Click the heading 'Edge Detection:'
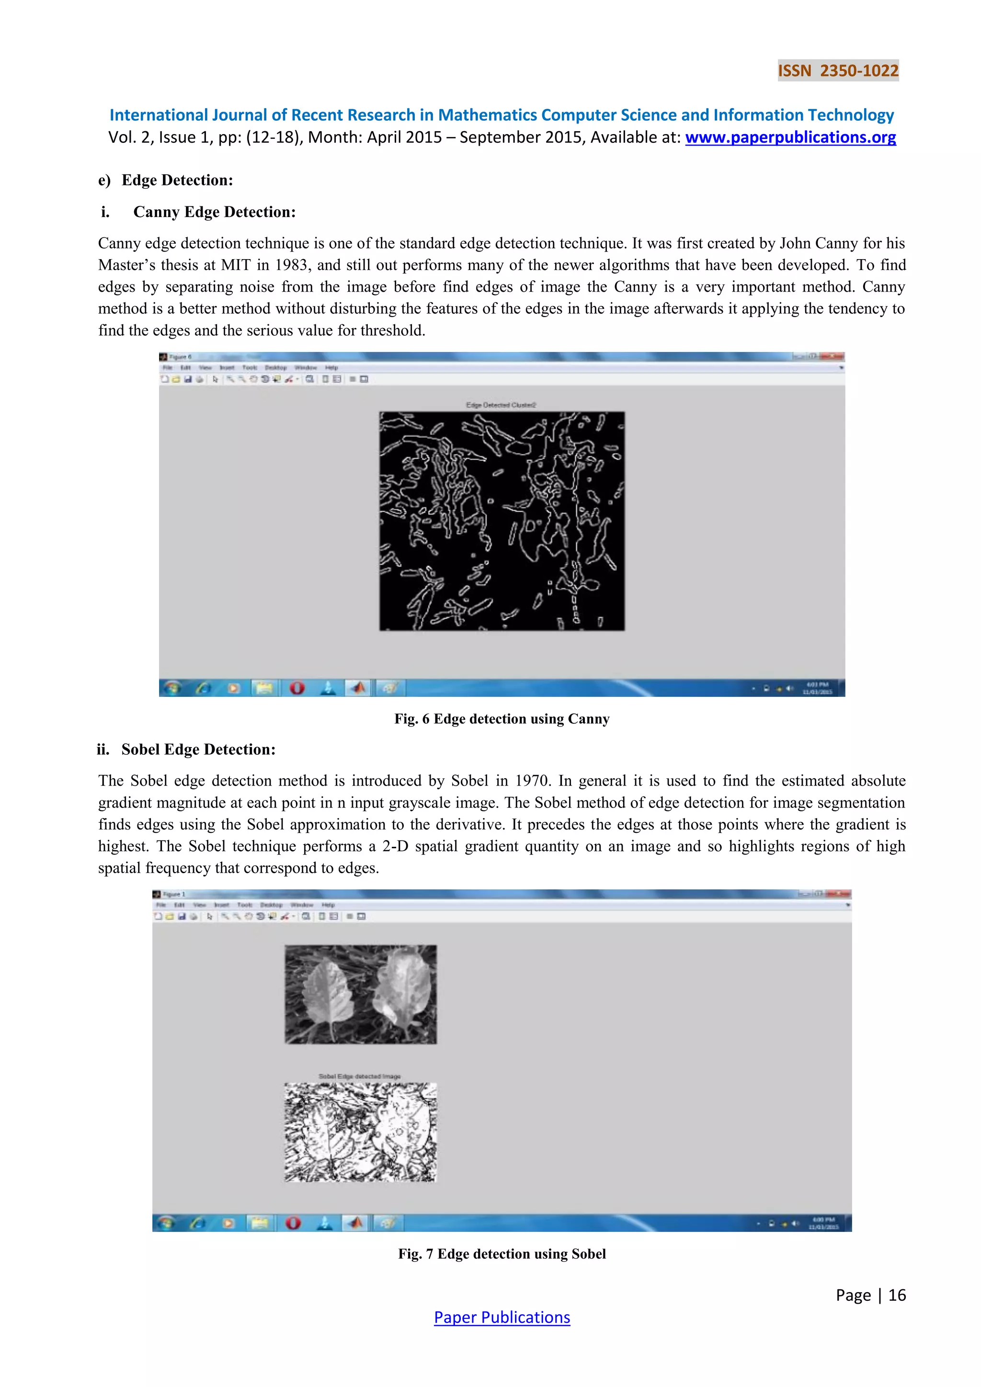point(177,180)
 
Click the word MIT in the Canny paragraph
point(236,265)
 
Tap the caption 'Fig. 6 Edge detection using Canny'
point(502,719)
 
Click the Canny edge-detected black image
point(502,521)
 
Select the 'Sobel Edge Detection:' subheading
point(198,750)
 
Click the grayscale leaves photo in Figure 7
point(361,994)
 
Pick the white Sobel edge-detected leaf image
point(361,1132)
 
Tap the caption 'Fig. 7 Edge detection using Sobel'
point(502,1254)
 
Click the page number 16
point(897,1295)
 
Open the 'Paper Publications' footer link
point(502,1318)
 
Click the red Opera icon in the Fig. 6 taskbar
point(297,688)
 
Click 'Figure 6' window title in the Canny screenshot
point(180,357)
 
